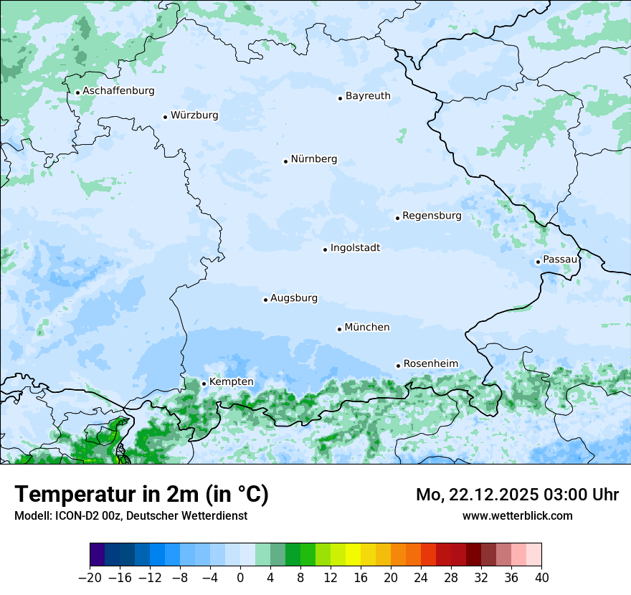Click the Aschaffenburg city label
118,91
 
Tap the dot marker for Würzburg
166,117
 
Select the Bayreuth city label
368,96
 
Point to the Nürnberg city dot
285,161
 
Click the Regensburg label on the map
432,216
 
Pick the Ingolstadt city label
355,248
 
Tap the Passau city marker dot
538,262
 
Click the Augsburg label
293,298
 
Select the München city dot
339,329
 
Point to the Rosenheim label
430,364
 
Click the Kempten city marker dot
204,384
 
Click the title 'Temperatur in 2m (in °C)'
141,495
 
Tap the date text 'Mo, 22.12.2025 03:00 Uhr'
517,495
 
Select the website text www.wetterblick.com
517,515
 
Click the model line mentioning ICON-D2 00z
131,515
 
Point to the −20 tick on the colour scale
90,578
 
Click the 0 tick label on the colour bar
240,578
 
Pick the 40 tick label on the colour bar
541,578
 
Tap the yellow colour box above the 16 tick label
353,555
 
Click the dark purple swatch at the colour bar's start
98,555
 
